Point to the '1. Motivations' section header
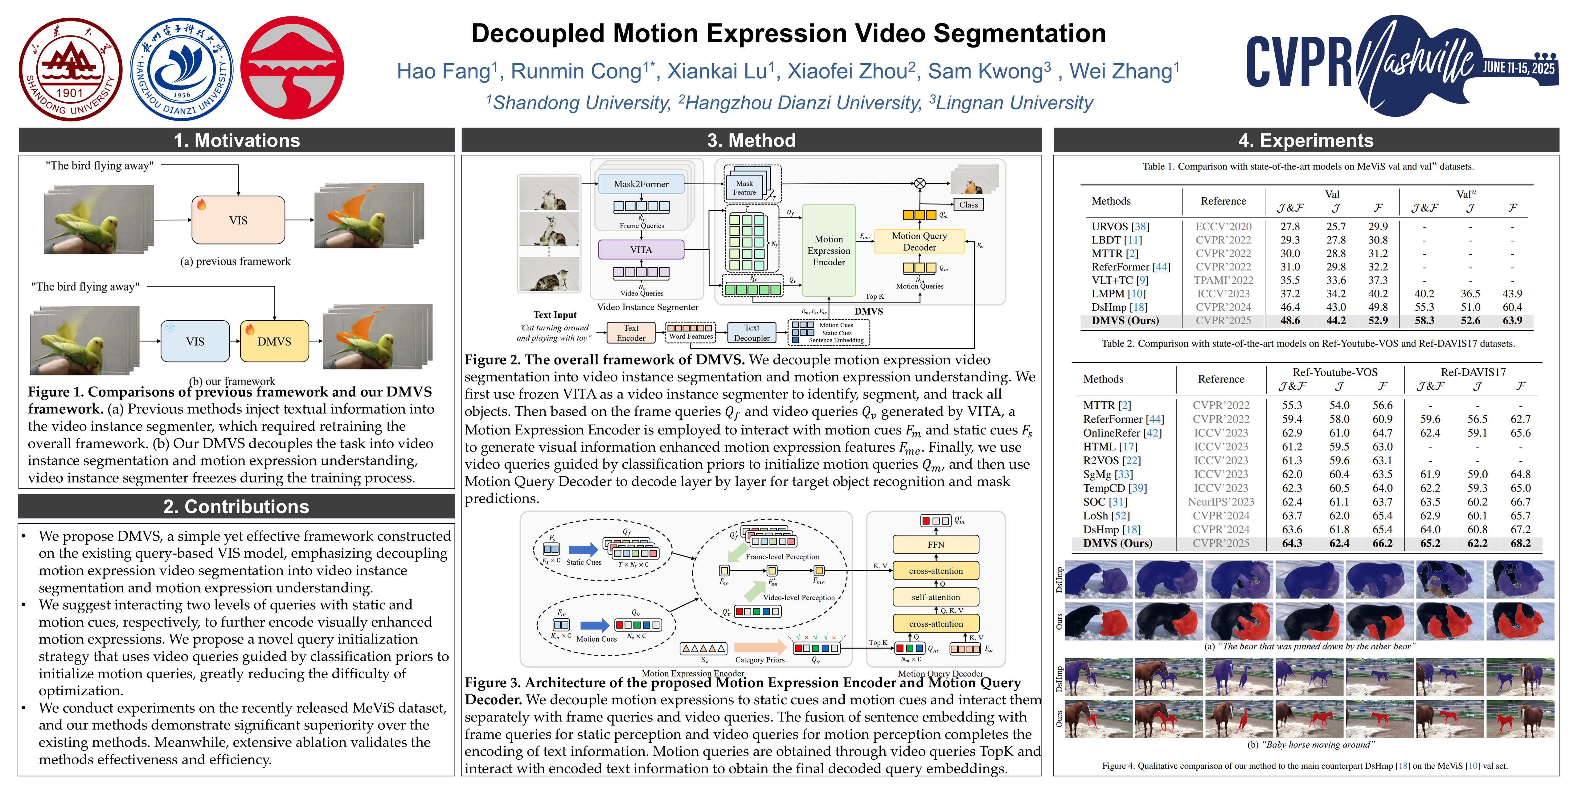click(x=236, y=140)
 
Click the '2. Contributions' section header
click(x=236, y=507)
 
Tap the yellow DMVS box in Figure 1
click(x=274, y=341)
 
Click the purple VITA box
click(x=641, y=249)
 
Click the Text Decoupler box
click(x=752, y=333)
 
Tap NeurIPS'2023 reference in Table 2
click(x=1220, y=502)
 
